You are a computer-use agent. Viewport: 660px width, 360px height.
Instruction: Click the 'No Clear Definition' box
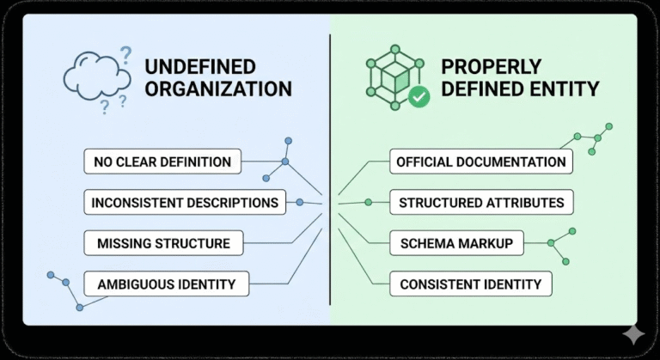(162, 161)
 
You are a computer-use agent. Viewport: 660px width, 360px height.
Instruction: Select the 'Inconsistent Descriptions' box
(186, 203)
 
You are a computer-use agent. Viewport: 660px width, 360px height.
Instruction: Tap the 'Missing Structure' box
(163, 243)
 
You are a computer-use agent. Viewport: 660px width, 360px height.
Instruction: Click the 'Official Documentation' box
(481, 161)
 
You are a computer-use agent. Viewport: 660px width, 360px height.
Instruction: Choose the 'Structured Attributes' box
(481, 203)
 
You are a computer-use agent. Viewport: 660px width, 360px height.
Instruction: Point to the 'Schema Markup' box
(456, 243)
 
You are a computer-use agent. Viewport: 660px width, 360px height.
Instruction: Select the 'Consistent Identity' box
(469, 284)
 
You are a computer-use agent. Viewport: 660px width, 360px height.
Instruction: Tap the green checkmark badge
(419, 96)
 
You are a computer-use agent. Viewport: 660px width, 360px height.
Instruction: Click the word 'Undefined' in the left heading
(199, 66)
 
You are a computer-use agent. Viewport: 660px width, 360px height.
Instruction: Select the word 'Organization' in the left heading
(218, 88)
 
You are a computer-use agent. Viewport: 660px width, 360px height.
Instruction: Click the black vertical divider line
(330, 172)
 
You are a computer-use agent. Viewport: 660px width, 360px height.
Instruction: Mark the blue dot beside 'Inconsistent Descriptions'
(300, 203)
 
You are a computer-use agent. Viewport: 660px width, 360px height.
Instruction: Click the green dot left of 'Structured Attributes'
(368, 203)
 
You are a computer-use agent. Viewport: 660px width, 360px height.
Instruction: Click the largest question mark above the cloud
(126, 56)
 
